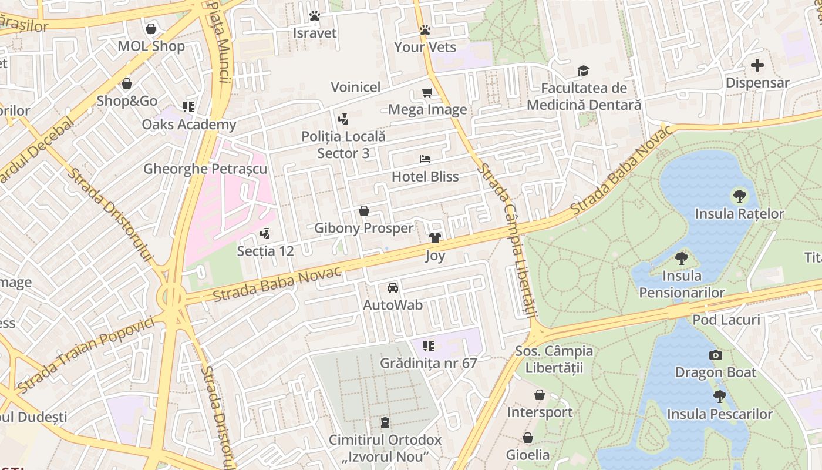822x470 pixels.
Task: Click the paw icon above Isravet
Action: point(315,16)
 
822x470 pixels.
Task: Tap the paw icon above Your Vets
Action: point(425,30)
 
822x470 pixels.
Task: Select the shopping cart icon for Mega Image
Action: point(427,92)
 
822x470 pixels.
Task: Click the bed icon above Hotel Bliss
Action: point(425,159)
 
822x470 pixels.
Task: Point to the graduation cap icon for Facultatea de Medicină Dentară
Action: point(583,71)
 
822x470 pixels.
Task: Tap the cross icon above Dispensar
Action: point(757,65)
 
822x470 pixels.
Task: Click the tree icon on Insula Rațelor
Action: point(739,196)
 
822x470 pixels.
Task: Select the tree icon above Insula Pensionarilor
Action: point(682,258)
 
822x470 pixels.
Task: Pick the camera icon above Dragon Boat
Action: point(715,355)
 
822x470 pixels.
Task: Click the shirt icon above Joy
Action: point(435,238)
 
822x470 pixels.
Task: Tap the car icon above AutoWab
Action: point(393,288)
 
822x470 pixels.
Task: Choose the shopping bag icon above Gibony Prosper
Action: point(364,211)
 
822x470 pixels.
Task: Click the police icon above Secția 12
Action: point(265,233)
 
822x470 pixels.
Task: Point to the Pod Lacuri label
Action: point(726,320)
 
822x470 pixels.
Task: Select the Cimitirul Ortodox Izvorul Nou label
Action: point(385,448)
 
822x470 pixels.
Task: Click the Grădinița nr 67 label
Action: point(428,363)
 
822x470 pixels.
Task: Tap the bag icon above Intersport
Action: point(539,395)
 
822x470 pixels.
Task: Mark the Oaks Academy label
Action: point(188,125)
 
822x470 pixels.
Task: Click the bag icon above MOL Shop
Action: point(151,29)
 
